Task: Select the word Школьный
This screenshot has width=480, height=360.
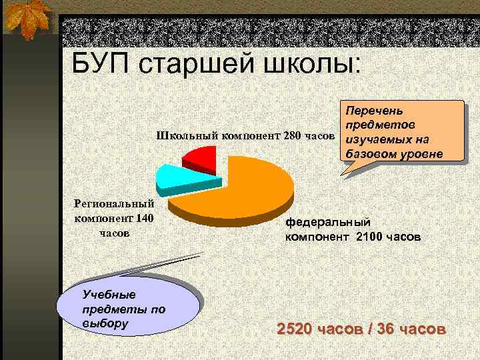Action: point(184,137)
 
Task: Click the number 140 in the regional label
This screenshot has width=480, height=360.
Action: point(143,218)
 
